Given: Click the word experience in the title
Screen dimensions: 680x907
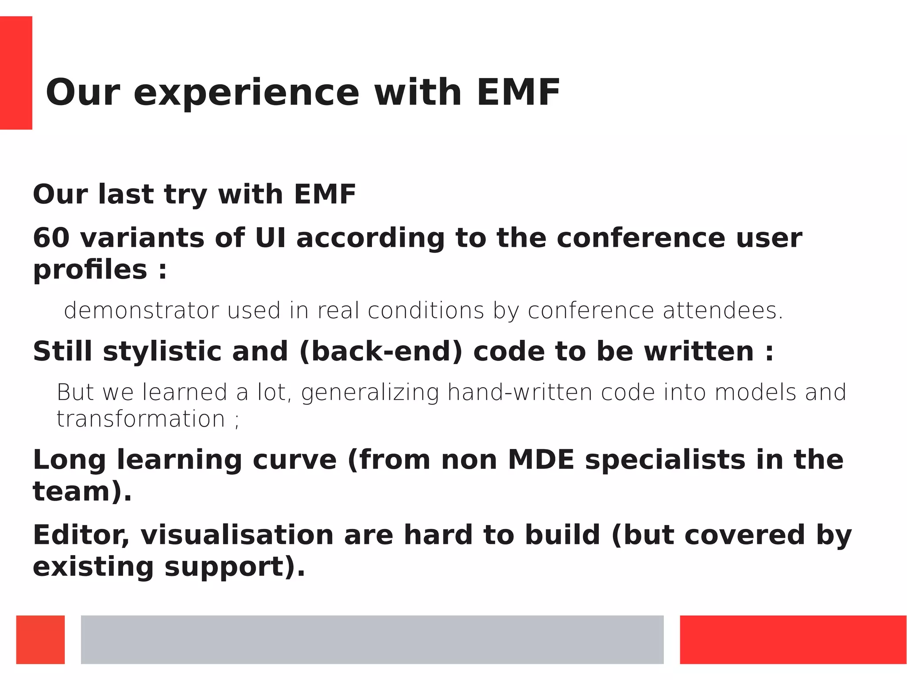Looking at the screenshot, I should tap(246, 93).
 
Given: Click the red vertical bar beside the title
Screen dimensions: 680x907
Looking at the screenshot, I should tap(16, 73).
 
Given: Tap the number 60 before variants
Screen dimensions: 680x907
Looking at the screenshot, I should tap(51, 238).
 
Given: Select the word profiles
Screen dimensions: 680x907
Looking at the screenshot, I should tap(90, 270).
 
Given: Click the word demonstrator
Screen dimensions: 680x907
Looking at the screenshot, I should tap(141, 311).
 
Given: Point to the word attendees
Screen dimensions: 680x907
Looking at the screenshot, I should tap(722, 311).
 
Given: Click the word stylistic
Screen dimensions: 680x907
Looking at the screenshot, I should tap(162, 351).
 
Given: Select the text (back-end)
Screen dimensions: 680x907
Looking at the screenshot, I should tap(380, 351).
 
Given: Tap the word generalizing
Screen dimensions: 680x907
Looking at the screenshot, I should tap(370, 392).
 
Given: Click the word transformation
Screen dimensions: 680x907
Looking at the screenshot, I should tap(141, 419).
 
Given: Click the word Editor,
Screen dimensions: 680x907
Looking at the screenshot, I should tap(81, 535).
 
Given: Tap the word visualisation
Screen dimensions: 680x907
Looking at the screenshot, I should tap(237, 535).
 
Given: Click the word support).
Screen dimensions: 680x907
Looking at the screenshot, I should tap(235, 567).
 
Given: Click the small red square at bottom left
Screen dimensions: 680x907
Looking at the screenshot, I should tap(40, 639).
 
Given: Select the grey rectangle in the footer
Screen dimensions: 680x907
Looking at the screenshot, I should tap(372, 639).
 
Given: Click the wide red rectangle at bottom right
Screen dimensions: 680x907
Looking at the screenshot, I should tap(793, 639).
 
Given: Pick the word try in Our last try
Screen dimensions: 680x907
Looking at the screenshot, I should tap(185, 194).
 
